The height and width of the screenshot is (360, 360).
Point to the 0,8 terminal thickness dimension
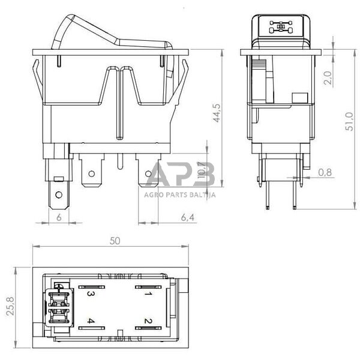[x=325, y=172]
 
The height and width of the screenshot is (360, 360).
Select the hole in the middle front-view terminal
[x=92, y=176]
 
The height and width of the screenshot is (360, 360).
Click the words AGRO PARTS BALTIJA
[x=179, y=194]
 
